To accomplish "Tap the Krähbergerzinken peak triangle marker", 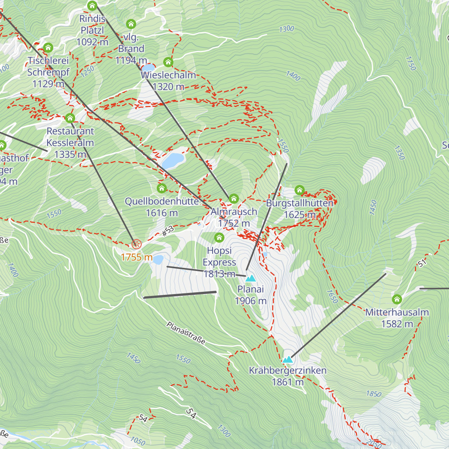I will coord(287,360).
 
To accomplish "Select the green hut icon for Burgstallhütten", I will coord(299,190).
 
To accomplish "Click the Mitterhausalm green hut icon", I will coord(397,299).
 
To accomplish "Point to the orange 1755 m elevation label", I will coord(137,257).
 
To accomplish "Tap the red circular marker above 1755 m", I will coord(137,244).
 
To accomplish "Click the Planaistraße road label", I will coord(186,333).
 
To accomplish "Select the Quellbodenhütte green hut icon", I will coord(162,188).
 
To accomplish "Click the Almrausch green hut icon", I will coord(234,198).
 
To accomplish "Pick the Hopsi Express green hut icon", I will coord(219,238).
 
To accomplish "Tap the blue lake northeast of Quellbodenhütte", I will coord(173,161).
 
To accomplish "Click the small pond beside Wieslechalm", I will coord(148,68).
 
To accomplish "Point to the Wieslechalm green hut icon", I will coord(168,62).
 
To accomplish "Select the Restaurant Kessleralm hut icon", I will coord(70,118).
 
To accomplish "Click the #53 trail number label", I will coord(168,231).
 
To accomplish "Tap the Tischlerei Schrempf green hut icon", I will coord(48,48).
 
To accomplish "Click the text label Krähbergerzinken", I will coord(288,370).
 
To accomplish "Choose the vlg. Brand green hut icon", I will coord(131,24).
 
